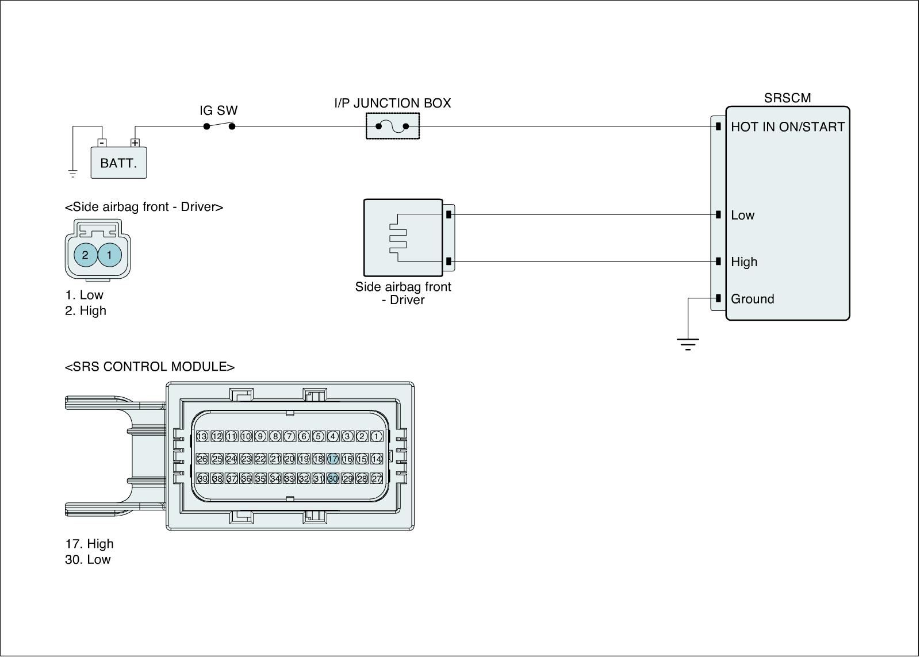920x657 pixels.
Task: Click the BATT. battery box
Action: coord(118,163)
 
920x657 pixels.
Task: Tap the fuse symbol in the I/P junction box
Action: coord(393,126)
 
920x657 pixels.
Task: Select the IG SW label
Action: coord(218,110)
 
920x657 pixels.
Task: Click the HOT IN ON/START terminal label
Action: coord(787,127)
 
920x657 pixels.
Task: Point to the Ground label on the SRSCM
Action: coord(752,299)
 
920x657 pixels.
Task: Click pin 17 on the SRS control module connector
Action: coord(333,459)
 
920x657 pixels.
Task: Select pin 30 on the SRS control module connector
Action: coord(333,478)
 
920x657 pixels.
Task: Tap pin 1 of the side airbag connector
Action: coord(110,255)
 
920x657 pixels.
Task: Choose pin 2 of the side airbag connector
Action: coord(85,255)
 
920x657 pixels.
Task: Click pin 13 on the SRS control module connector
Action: coord(202,436)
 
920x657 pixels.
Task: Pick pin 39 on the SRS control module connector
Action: coord(202,478)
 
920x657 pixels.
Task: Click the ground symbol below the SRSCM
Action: coord(688,344)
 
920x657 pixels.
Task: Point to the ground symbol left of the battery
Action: coord(72,172)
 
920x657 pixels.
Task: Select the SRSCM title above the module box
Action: coord(787,98)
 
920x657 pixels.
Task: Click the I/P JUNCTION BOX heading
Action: coord(393,103)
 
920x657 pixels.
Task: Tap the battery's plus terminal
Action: coord(135,143)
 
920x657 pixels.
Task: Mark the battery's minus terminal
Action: coord(102,143)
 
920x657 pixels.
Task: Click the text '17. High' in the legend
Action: coord(89,544)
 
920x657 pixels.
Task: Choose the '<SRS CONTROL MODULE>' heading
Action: coord(149,367)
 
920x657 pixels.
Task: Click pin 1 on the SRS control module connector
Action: coord(376,436)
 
